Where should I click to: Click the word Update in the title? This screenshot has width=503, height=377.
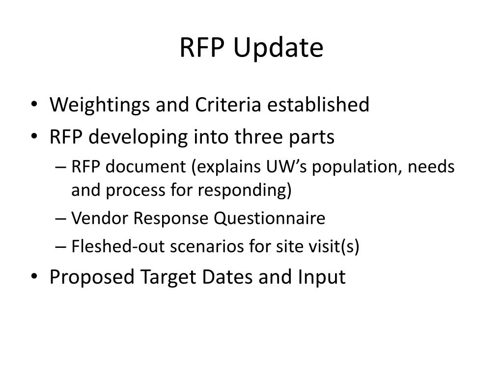278,48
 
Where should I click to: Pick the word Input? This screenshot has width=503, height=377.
322,278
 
